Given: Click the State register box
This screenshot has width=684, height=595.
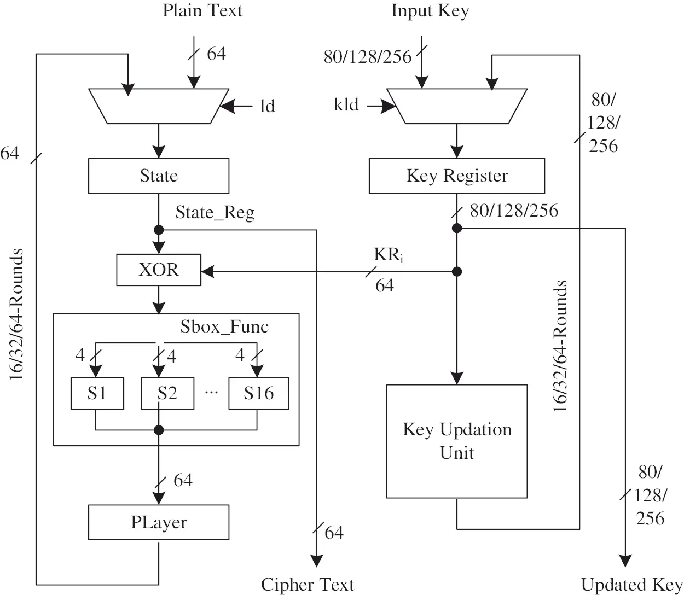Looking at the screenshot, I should pyautogui.click(x=159, y=176).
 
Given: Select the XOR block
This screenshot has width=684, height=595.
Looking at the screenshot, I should pyautogui.click(x=159, y=270).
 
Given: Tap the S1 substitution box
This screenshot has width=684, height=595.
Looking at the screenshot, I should pyautogui.click(x=97, y=393).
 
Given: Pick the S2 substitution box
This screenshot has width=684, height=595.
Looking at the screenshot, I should pyautogui.click(x=167, y=393).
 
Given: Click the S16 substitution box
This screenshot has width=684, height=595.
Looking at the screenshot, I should pyautogui.click(x=258, y=393).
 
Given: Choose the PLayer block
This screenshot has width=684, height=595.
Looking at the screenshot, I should pyautogui.click(x=159, y=522).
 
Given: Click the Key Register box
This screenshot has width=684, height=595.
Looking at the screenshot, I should pyautogui.click(x=457, y=176).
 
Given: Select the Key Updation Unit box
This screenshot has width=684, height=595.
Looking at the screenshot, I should pyautogui.click(x=457, y=441).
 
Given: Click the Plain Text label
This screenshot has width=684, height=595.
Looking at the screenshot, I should pyautogui.click(x=202, y=11).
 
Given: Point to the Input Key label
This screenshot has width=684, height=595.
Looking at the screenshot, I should pyautogui.click(x=430, y=11).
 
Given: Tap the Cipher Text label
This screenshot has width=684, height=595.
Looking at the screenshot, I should pyautogui.click(x=308, y=584).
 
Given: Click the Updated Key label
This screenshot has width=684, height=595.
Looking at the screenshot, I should pyautogui.click(x=631, y=584).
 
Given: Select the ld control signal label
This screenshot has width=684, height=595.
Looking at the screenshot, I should pyautogui.click(x=267, y=106).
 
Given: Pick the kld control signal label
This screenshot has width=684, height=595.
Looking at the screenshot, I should pyautogui.click(x=346, y=104).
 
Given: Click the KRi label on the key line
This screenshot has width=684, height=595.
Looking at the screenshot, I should pyautogui.click(x=389, y=255).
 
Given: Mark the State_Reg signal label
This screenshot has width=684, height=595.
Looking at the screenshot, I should pyautogui.click(x=215, y=213).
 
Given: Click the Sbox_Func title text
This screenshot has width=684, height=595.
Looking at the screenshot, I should pyautogui.click(x=224, y=327).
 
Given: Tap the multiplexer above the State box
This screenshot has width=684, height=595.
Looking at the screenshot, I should pyautogui.click(x=159, y=106).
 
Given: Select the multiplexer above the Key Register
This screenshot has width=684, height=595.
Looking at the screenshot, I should pyautogui.click(x=457, y=106).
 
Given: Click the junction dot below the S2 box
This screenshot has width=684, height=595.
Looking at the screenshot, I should pyautogui.click(x=159, y=430).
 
